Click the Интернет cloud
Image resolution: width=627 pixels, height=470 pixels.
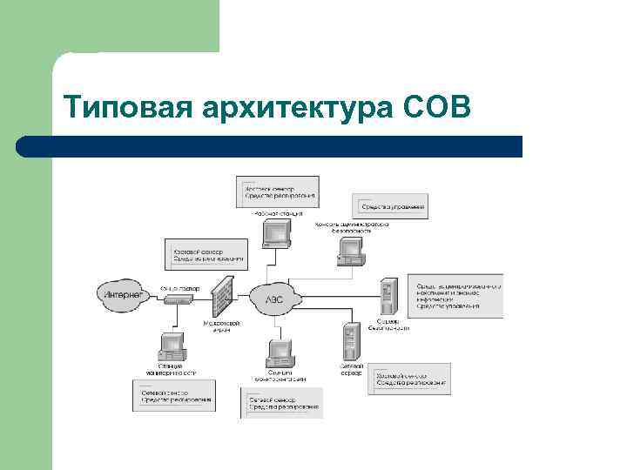click(x=123, y=294)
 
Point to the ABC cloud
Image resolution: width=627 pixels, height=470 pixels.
click(x=273, y=299)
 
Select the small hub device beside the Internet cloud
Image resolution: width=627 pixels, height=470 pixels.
click(x=177, y=299)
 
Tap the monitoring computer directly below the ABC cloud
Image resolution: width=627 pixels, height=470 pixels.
click(x=280, y=352)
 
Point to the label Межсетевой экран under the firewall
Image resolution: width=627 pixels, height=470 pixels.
click(x=222, y=326)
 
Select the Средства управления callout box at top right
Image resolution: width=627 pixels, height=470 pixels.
click(x=390, y=206)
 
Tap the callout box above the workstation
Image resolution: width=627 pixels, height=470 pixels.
click(x=277, y=191)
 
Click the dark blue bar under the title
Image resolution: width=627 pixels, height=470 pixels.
click(x=270, y=146)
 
